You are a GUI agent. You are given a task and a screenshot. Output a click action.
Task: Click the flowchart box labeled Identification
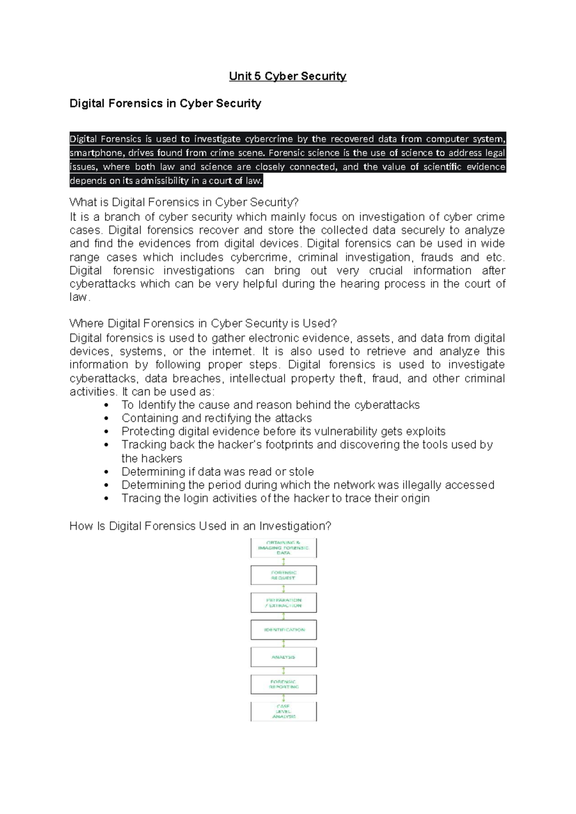pyautogui.click(x=283, y=630)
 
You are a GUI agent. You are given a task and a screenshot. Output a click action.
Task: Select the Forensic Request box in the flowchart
pyautogui.click(x=283, y=575)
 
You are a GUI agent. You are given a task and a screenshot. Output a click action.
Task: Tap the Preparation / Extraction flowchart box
pyautogui.click(x=283, y=603)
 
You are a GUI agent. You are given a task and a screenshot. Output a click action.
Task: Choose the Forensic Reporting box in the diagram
pyautogui.click(x=283, y=684)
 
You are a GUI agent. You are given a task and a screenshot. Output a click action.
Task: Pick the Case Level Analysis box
pyautogui.click(x=283, y=711)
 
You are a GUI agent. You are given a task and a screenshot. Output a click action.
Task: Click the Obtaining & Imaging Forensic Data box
pyautogui.click(x=283, y=548)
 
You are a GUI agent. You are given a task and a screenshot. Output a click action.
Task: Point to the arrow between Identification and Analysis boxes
pyautogui.click(x=284, y=644)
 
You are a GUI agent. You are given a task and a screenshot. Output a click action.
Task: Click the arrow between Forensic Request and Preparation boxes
pyautogui.click(x=284, y=589)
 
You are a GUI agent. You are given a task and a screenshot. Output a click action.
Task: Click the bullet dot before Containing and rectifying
pyautogui.click(x=107, y=419)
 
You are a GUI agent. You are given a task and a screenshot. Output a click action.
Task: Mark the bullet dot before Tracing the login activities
pyautogui.click(x=107, y=499)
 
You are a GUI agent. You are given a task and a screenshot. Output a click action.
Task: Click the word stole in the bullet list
pyautogui.click(x=301, y=472)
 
